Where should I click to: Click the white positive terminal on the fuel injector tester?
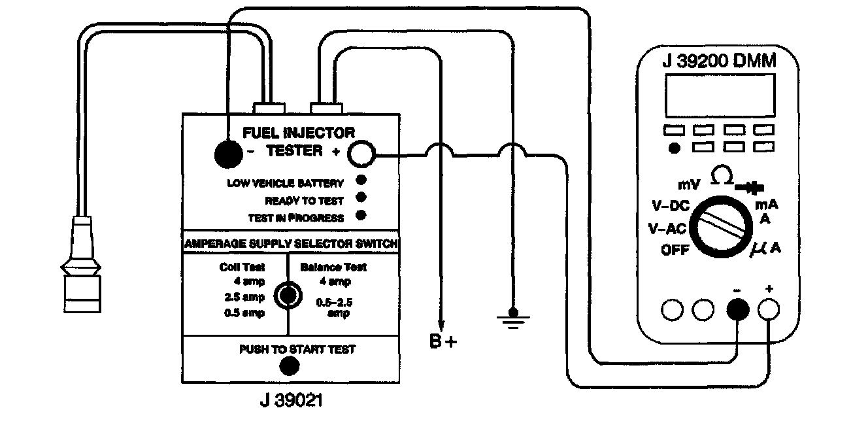361,154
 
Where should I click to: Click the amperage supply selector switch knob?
287,296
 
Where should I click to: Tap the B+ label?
444,341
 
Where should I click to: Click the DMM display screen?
720,95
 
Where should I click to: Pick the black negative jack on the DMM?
738,310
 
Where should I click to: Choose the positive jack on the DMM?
768,310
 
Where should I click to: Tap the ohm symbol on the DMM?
722,176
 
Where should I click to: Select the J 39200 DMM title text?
719,61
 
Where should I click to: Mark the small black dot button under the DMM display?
674,148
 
